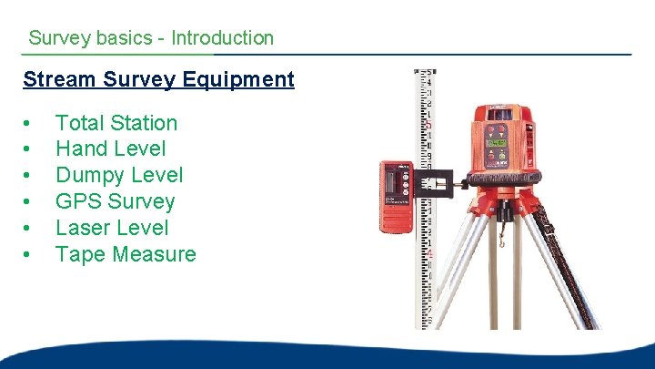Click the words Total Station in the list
pos(116,123)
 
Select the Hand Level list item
pos(111,149)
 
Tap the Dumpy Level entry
pos(119,175)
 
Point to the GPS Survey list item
pos(115,201)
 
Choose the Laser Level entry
pos(112,228)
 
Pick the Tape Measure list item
pos(126,254)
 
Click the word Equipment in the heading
pos(239,79)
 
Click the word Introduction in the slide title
pos(222,38)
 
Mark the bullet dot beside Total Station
pos(29,124)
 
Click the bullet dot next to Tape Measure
pos(29,255)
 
